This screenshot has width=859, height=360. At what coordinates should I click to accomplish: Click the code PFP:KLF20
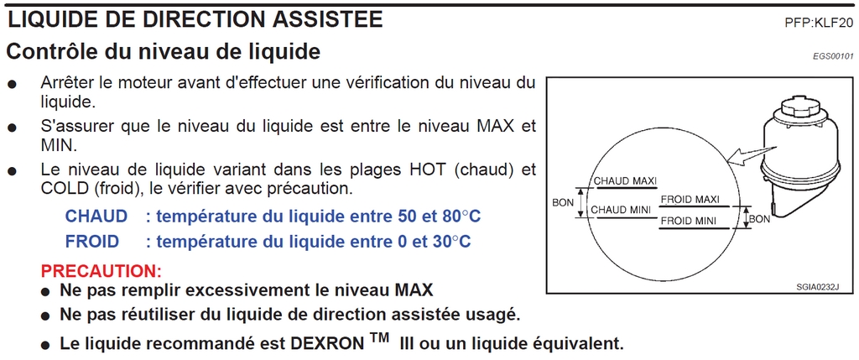pyautogui.click(x=819, y=23)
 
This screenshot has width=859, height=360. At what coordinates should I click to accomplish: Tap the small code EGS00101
pyautogui.click(x=833, y=56)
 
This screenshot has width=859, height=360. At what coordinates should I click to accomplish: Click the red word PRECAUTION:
pyautogui.click(x=102, y=271)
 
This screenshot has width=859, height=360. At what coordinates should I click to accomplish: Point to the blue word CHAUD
pyautogui.click(x=96, y=217)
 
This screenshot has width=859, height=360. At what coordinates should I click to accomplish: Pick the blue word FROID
pyautogui.click(x=92, y=241)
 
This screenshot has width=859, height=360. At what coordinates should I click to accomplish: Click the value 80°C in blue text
pyautogui.click(x=459, y=217)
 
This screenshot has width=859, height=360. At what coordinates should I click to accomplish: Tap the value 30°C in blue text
pyautogui.click(x=450, y=241)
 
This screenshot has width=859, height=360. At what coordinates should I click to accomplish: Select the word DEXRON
pyautogui.click(x=326, y=344)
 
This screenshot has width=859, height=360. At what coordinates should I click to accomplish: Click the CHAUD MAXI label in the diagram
pyautogui.click(x=626, y=180)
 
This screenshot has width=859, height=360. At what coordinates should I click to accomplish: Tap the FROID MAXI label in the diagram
pyautogui.click(x=690, y=200)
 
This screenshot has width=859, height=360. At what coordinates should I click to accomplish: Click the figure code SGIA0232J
pyautogui.click(x=817, y=286)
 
